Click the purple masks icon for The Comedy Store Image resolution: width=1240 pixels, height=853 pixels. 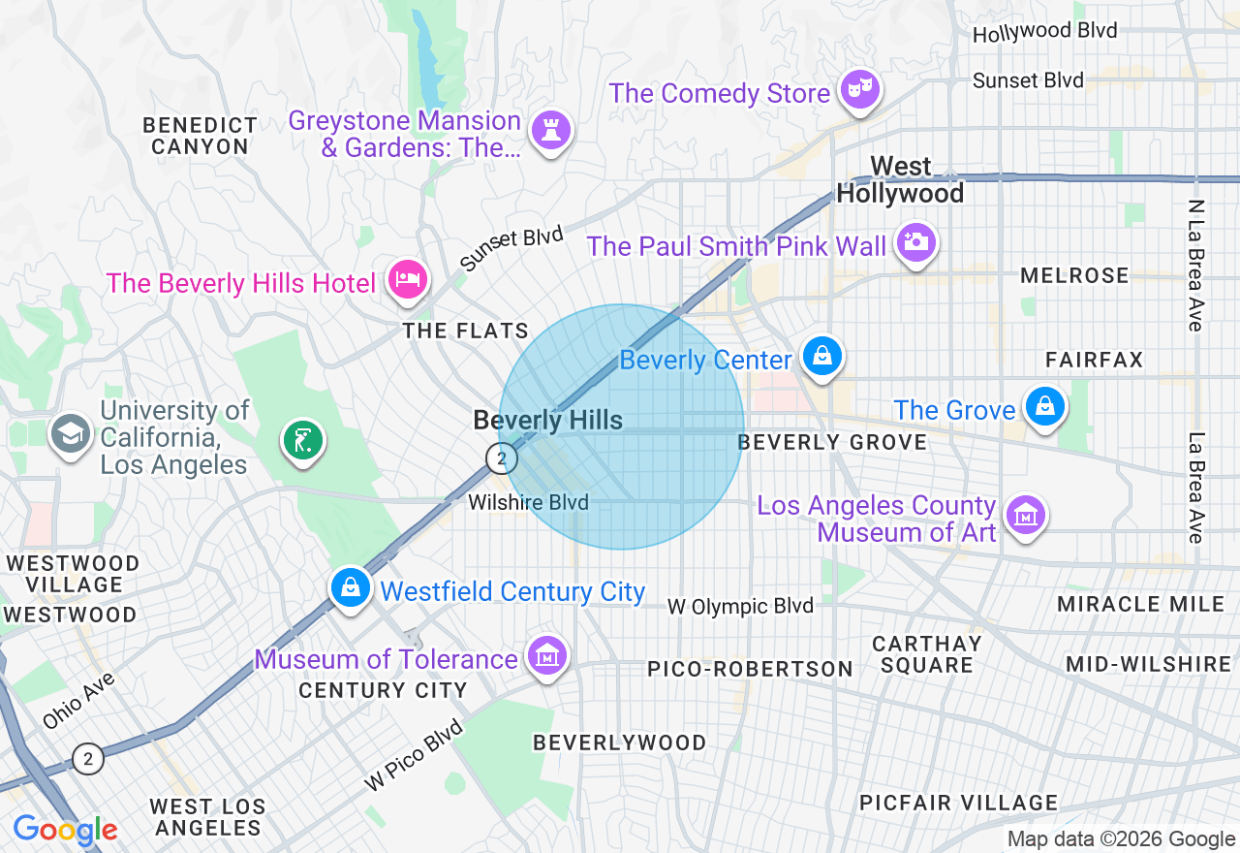[859, 90]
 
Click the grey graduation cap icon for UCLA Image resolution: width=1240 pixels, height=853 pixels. [71, 432]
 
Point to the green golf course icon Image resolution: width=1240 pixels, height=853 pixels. [303, 441]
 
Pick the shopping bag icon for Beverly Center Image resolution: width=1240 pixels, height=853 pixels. [821, 357]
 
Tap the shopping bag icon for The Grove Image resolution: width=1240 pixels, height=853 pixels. [1045, 407]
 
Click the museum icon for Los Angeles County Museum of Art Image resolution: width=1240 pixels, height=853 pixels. [1025, 515]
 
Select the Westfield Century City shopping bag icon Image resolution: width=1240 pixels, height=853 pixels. [351, 587]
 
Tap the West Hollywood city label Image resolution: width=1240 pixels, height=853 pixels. [900, 180]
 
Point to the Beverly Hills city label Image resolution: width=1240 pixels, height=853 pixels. [547, 421]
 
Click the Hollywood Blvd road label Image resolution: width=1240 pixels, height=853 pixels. [1044, 32]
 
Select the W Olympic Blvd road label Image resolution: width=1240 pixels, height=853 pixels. [740, 607]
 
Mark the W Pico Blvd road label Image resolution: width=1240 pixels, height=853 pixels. [414, 754]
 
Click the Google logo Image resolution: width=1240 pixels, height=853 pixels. [65, 830]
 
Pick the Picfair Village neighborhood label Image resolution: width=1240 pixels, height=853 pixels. [959, 803]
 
